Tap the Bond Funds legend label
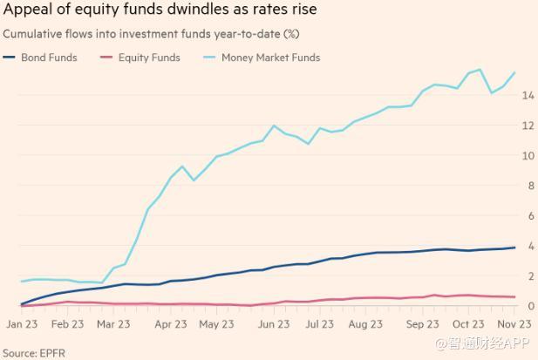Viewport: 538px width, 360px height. click(x=49, y=58)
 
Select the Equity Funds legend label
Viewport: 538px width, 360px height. click(x=149, y=58)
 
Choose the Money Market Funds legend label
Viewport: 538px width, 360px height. click(x=270, y=58)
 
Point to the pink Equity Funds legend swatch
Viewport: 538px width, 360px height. click(x=108, y=58)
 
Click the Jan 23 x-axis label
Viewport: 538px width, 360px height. click(x=21, y=323)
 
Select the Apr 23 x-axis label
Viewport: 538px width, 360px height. click(x=170, y=323)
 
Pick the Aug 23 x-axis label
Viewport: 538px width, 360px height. click(x=365, y=323)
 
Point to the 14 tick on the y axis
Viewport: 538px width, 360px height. click(x=528, y=95)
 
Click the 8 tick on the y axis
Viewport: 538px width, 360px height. click(x=528, y=185)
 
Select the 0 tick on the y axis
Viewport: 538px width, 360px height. click(x=528, y=305)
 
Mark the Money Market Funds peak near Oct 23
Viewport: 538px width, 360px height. click(x=480, y=70)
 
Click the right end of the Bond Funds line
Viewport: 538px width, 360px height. click(x=514, y=248)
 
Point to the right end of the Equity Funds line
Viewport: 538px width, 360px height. click(x=514, y=297)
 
